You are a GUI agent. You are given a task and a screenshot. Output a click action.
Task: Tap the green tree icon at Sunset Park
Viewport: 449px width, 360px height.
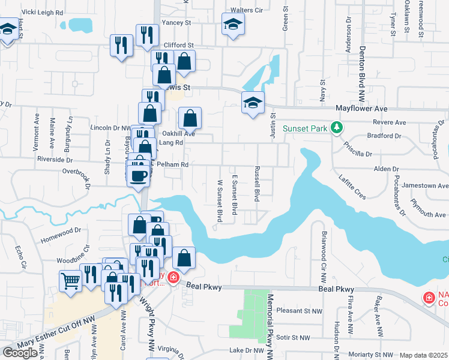tap(337, 127)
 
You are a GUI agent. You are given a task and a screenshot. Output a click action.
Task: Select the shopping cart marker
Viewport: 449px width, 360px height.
tap(71, 280)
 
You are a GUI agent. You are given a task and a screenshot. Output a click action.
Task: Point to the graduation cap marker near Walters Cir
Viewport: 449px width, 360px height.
tap(233, 24)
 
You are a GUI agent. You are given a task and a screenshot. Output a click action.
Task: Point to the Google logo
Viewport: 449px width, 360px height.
tap(20, 352)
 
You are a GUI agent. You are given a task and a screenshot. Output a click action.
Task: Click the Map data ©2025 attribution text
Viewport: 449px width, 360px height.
tap(423, 355)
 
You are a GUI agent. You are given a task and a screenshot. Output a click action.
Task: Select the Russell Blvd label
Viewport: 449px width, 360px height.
tap(257, 184)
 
